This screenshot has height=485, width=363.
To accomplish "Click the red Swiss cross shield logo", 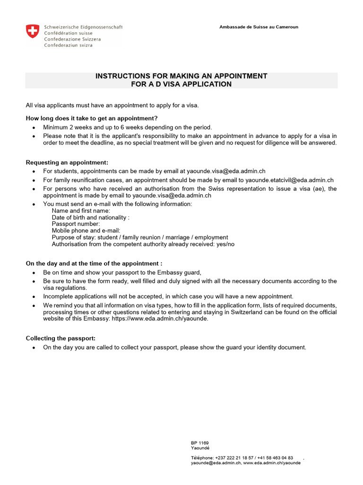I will coord(32,32).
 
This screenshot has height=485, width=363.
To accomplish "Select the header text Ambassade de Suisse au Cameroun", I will coord(259,27).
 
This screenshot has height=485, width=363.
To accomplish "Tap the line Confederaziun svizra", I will coord(68,45).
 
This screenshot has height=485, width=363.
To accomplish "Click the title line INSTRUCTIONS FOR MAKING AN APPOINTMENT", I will coord(181,76).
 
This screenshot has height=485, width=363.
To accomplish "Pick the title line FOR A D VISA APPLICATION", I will coord(181,84).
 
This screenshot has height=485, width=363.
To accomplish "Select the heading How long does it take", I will coord(92,118).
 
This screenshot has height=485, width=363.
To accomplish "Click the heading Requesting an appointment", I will coord(67,162).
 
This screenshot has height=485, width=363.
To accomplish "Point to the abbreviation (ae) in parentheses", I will coord(319,189).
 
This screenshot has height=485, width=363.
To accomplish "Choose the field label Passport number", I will coord(76,224).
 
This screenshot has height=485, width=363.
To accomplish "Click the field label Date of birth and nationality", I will coord(90,217).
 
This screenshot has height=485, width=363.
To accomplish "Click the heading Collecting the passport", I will coord(60,338).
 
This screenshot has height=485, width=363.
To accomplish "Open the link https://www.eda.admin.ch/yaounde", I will coord(160,319).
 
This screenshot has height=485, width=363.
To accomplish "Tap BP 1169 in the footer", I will coord(200,443).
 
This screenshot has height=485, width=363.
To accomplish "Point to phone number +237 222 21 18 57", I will coord(235,458).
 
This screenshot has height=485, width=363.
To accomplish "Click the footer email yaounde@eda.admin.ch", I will coord(216,463).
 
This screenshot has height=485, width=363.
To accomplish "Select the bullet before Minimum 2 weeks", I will coord(34,128).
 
